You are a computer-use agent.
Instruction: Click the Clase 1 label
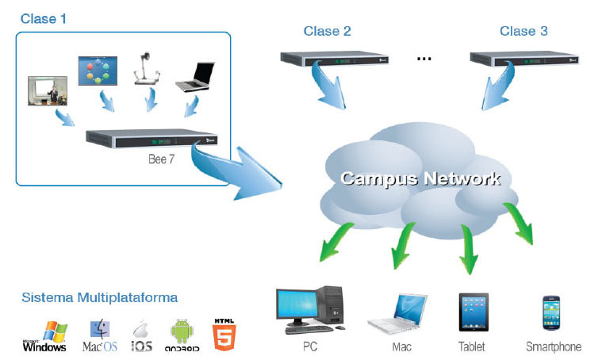43,17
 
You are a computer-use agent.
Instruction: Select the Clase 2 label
327,32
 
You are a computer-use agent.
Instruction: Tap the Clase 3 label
523,32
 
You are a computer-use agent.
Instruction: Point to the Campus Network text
420,178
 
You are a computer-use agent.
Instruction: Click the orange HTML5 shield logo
222,334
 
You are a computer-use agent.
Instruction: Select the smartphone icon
553,314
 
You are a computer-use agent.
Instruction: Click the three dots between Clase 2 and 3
424,59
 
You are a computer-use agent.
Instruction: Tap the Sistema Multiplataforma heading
100,298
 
